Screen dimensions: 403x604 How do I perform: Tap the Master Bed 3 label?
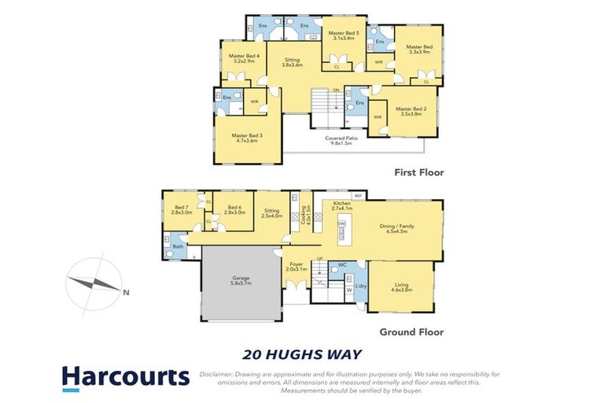coord(245,138)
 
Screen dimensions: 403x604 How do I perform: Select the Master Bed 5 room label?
coord(344,35)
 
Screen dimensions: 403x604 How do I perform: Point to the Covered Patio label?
coord(341,141)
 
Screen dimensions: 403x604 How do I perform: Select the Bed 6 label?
coord(233,210)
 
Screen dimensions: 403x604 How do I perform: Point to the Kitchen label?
coord(341,206)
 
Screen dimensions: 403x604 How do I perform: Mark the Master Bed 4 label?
coord(244,58)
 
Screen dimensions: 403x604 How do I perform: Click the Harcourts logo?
coord(126,377)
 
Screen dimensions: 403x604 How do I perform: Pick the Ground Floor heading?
coord(411,332)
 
